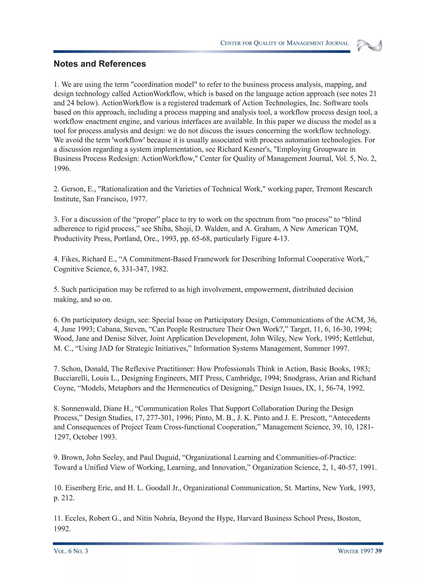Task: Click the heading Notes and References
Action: pos(100,64)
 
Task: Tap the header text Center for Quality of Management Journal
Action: pos(284,43)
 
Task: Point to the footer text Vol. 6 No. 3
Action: pos(71,551)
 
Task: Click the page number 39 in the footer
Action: pos(378,551)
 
